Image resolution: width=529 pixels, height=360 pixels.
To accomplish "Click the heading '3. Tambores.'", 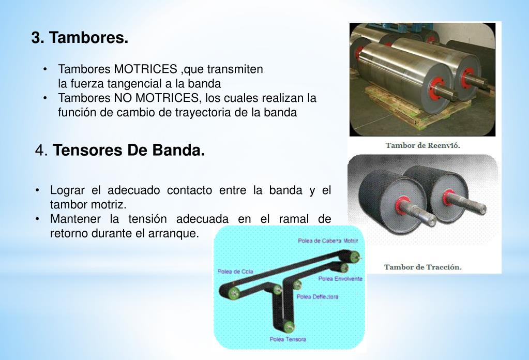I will (80, 38).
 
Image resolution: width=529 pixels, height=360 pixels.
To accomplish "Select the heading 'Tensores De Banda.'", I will (129, 151).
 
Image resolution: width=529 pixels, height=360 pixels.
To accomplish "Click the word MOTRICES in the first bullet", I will (145, 69).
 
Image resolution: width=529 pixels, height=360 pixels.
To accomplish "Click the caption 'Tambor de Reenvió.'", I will (422, 145).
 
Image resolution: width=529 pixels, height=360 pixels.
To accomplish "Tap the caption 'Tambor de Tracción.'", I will (422, 267).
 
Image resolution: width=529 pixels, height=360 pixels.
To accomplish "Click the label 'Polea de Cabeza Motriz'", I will (328, 241).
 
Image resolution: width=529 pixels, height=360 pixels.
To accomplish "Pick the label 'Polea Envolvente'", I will (340, 279).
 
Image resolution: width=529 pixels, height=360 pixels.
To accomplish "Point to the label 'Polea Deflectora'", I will (317, 297).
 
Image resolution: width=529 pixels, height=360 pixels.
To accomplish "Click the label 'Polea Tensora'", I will (288, 339).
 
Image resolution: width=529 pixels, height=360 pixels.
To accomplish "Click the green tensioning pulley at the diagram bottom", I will (289, 326).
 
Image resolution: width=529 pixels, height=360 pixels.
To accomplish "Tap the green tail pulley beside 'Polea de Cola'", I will (234, 293).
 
